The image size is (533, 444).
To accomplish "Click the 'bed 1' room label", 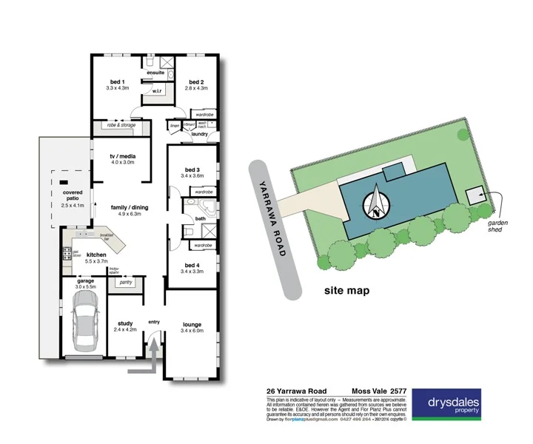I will coord(117,81).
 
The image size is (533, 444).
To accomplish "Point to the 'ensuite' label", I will coord(155,73).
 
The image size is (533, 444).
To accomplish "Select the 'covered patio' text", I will coord(73,195).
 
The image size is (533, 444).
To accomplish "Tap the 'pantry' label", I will coord(125,282).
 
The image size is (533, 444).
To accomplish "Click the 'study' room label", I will coord(124,323).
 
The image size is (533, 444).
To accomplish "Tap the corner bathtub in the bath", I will coord(207,206).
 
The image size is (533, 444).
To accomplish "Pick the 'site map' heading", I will coord(346,291).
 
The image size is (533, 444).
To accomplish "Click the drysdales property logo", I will coord(446,404).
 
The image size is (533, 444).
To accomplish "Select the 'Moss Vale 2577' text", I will coord(378,392).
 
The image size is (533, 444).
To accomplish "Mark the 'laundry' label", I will coord(198,134).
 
